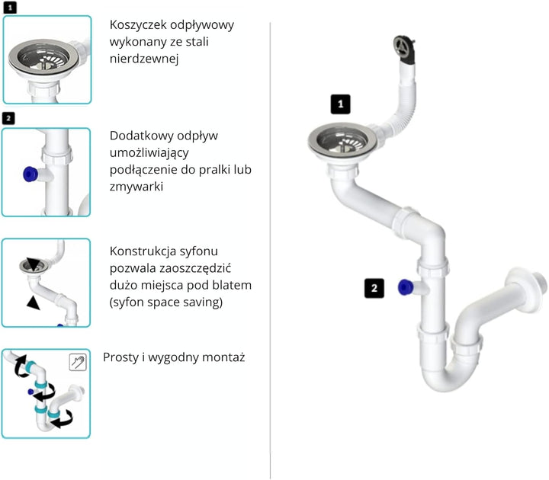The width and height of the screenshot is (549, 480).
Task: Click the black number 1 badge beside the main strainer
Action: click(x=340, y=104)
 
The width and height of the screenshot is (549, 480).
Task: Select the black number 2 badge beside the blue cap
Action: click(x=374, y=288)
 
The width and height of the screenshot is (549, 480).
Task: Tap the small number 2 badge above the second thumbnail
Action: click(x=8, y=118)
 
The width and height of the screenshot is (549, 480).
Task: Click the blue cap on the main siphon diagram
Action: click(x=405, y=287)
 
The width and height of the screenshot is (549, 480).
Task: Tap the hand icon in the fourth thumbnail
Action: click(x=78, y=362)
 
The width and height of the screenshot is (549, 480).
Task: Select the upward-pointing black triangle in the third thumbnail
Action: click(x=33, y=302)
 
